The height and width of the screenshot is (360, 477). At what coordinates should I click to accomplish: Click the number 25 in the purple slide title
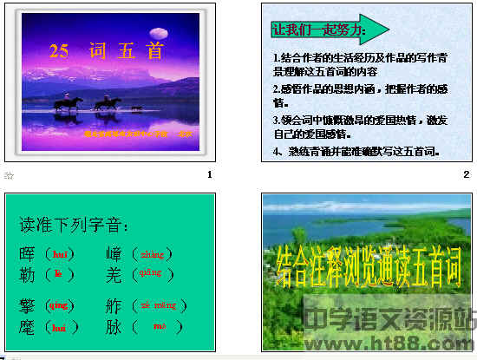pyautogui.click(x=59, y=51)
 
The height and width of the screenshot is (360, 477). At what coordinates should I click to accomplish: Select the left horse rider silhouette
pyautogui.click(x=69, y=104)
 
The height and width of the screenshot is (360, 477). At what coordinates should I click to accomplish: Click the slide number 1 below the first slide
pyautogui.click(x=209, y=175)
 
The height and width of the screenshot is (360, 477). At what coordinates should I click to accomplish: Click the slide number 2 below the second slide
pyautogui.click(x=466, y=175)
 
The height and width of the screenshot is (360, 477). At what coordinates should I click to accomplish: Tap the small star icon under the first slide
pyautogui.click(x=10, y=175)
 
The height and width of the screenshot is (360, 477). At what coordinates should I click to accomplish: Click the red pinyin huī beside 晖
pyautogui.click(x=59, y=254)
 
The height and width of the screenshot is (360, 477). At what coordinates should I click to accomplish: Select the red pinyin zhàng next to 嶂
pyautogui.click(x=152, y=254)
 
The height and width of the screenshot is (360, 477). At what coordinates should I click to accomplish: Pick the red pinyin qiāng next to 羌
pyautogui.click(x=152, y=272)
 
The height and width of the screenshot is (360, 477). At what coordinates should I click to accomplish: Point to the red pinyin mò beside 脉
pyautogui.click(x=159, y=326)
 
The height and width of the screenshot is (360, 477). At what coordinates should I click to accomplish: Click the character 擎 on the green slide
pyautogui.click(x=28, y=305)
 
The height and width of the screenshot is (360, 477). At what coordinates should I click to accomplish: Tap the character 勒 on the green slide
pyautogui.click(x=28, y=273)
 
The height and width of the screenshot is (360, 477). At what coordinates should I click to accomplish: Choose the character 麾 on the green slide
pyautogui.click(x=28, y=326)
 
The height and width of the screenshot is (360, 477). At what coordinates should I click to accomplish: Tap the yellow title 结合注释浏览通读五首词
pyautogui.click(x=367, y=270)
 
